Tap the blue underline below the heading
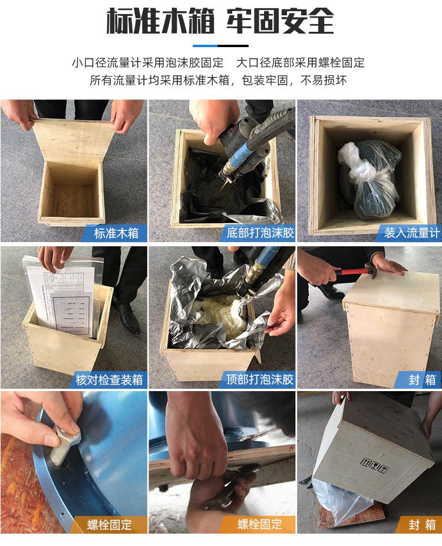coord(220,45)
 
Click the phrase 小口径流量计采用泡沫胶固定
coord(147,62)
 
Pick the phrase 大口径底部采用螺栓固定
coord(301,62)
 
